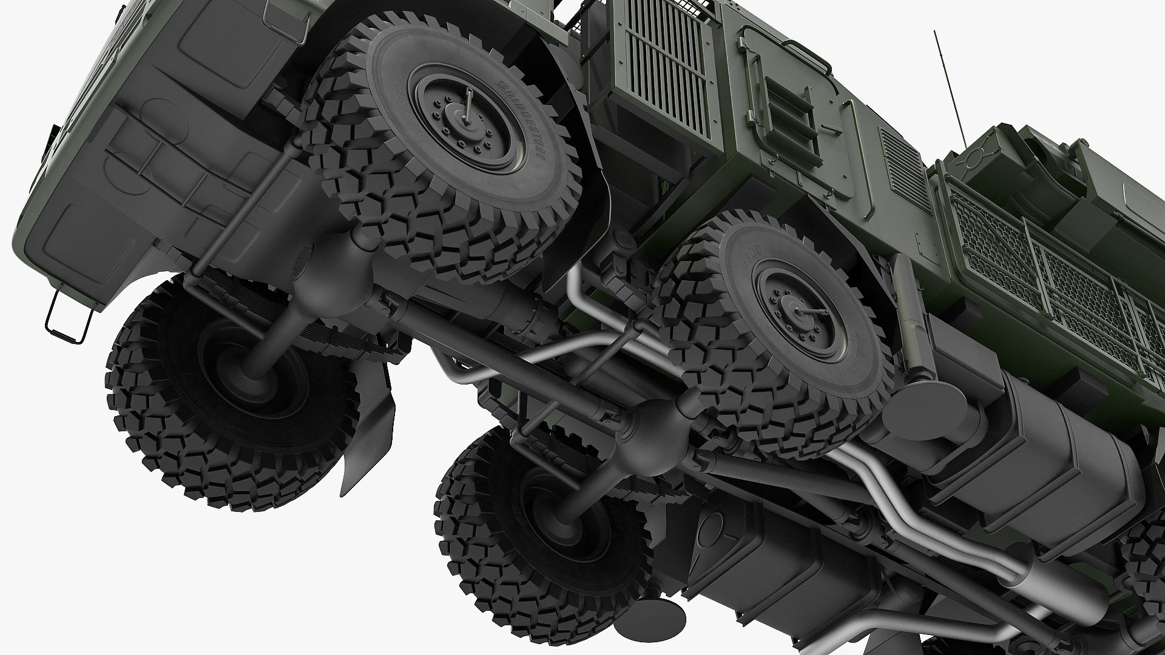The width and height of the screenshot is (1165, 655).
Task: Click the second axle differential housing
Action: coord(658,418)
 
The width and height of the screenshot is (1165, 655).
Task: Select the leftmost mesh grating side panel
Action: coord(983,243)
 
